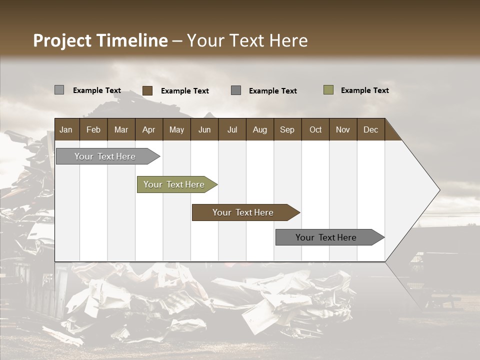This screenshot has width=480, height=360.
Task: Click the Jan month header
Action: (x=66, y=129)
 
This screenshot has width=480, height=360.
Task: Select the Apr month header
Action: (x=149, y=129)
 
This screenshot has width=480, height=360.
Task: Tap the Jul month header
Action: (x=232, y=129)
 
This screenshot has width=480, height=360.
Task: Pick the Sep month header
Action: (x=287, y=129)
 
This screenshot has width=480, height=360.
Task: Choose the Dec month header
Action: (x=370, y=129)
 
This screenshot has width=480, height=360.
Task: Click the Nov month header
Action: (x=343, y=129)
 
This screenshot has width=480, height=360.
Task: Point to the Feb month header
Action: (x=93, y=129)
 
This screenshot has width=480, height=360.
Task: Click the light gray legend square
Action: (x=59, y=90)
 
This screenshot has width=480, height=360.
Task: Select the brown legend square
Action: (x=147, y=90)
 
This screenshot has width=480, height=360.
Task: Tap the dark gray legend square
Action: (x=236, y=90)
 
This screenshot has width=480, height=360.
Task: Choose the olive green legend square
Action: (x=328, y=90)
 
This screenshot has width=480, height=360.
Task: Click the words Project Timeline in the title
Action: (x=100, y=40)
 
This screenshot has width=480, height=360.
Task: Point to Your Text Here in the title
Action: (x=247, y=40)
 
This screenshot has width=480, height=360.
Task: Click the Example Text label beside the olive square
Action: (x=364, y=90)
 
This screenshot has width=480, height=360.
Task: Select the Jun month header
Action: (x=204, y=129)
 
